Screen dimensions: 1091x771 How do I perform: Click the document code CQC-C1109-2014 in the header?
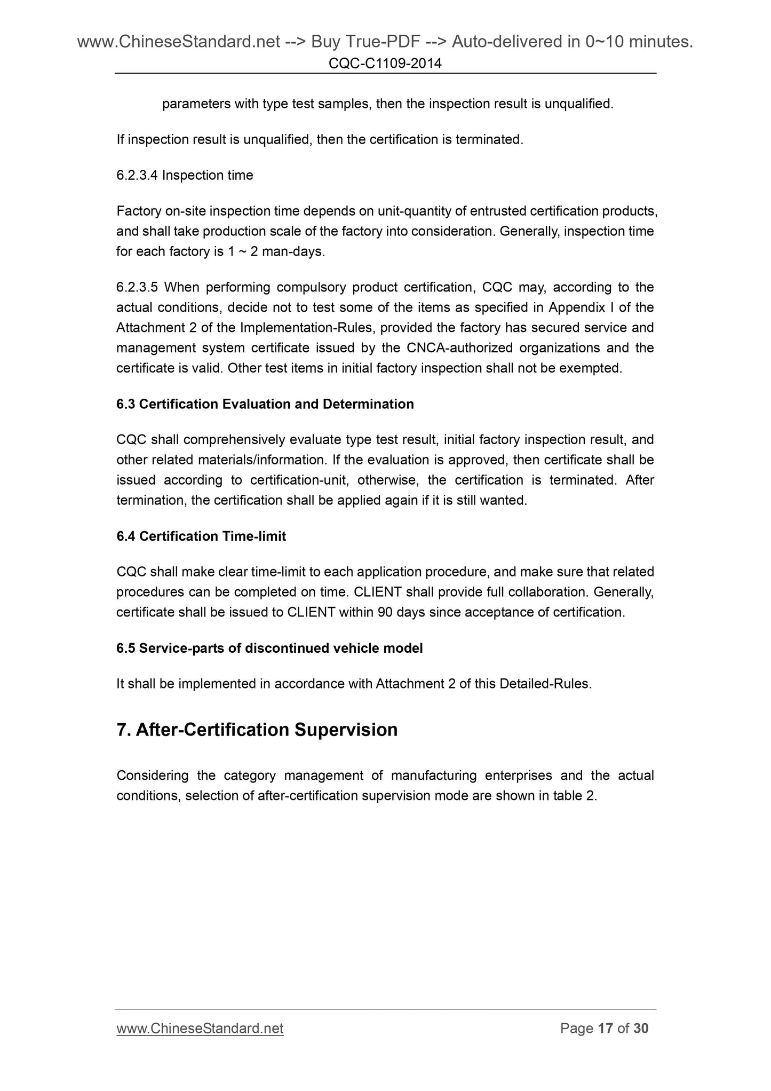tap(385, 64)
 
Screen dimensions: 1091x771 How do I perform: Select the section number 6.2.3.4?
tap(137, 176)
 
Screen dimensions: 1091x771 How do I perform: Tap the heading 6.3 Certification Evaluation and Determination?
tap(265, 404)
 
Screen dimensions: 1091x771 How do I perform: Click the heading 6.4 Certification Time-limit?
tap(201, 536)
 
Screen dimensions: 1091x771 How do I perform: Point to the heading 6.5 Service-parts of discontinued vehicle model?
tap(269, 649)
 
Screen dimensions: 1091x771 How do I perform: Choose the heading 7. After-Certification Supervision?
tap(257, 730)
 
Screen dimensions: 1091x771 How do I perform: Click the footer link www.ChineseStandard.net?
tap(200, 1029)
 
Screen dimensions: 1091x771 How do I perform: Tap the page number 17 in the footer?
tap(605, 1029)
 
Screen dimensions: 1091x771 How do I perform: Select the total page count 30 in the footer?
tap(640, 1029)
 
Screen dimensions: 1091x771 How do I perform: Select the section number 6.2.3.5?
tap(137, 288)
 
